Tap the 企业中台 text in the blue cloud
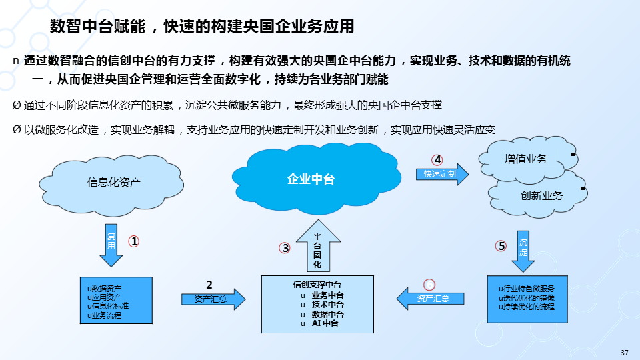(311, 179)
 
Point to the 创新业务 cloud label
(541, 195)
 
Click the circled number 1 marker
(134, 242)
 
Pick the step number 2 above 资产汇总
(209, 285)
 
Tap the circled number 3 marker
(285, 248)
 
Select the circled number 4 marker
(437, 160)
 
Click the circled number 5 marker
(501, 246)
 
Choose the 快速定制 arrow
(442, 174)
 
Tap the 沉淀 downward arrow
(523, 249)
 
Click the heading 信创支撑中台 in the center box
(317, 285)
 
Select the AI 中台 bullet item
(325, 323)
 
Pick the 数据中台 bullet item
(327, 314)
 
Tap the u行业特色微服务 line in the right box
(527, 288)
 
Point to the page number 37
(625, 353)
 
